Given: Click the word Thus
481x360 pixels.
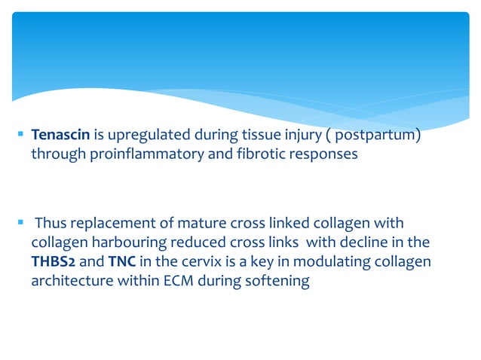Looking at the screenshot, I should (x=51, y=224).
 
